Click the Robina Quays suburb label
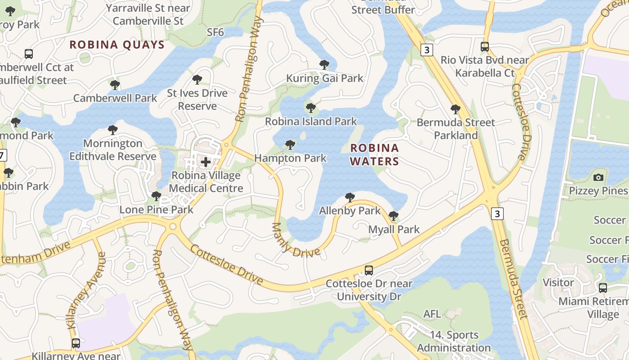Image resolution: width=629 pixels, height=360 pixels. click(117, 45)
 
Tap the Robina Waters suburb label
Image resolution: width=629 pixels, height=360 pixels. click(375, 154)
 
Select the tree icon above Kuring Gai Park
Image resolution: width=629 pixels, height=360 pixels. click(324, 65)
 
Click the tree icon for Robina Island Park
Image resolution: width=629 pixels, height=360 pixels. click(310, 108)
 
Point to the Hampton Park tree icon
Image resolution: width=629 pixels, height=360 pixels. click(290, 145)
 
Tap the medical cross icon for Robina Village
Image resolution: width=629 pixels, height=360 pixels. click(206, 162)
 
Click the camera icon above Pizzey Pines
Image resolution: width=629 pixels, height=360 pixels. click(598, 177)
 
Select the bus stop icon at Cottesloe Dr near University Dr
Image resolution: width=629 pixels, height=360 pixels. click(368, 270)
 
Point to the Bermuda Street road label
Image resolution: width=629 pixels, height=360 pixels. click(512, 279)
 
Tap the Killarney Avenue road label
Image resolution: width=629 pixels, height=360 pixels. click(86, 290)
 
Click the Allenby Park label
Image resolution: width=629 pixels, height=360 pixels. click(350, 211)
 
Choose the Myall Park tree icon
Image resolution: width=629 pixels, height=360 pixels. click(394, 216)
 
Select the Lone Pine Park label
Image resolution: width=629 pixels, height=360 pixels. click(156, 210)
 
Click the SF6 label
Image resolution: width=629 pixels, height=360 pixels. click(215, 32)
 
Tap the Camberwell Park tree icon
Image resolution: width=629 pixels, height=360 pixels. click(115, 85)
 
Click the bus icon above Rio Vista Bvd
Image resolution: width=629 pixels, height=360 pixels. click(485, 46)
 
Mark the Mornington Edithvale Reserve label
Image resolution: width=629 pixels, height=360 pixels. click(113, 150)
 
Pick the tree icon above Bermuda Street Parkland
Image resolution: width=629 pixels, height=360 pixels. click(456, 109)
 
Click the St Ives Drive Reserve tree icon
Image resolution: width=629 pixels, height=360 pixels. click(197, 80)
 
